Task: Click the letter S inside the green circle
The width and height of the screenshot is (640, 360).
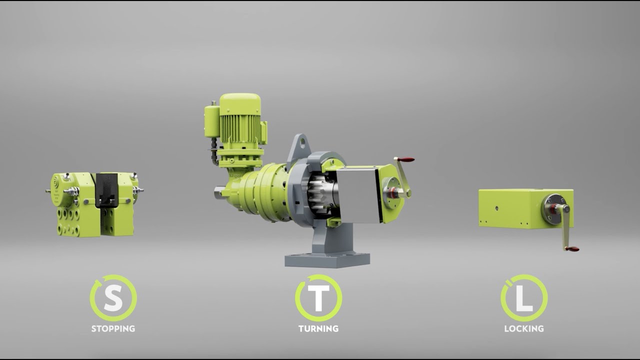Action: pos(113,298)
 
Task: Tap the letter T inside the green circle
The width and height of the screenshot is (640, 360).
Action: pos(318,298)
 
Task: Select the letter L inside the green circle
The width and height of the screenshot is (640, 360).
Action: pos(524,298)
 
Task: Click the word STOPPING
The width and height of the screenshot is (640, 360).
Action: pos(113,328)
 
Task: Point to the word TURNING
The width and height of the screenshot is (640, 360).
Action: pos(318,328)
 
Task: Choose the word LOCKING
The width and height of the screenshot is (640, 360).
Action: pos(524,328)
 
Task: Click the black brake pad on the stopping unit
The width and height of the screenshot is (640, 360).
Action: pos(106,190)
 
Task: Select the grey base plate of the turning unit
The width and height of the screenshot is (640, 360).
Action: pos(327,259)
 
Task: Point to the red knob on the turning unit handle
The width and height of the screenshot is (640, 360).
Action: pos(406,159)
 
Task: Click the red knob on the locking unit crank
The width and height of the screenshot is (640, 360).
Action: pos(573,248)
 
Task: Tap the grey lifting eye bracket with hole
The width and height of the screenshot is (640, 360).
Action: pos(298,148)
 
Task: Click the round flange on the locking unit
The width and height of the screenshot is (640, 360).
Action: pos(551,209)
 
